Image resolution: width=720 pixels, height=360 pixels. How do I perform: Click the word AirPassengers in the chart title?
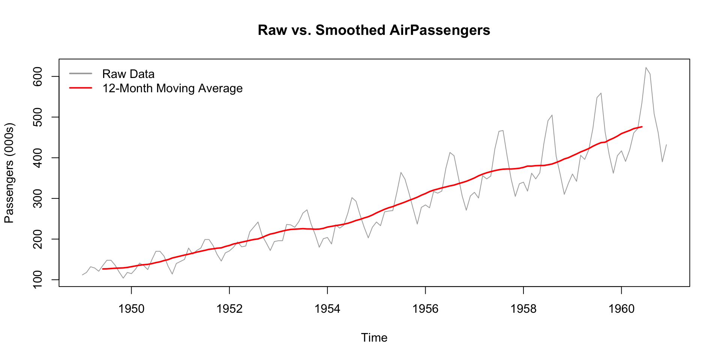point(439,30)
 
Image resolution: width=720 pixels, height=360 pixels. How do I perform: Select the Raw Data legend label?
point(128,74)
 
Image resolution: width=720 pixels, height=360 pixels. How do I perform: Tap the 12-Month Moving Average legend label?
point(172,88)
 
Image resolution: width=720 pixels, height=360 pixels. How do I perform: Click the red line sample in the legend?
point(81,88)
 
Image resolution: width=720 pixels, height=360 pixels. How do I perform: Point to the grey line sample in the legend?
point(81,73)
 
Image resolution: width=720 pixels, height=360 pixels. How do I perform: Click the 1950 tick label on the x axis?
point(131,309)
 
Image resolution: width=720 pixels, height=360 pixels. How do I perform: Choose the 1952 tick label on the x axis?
point(229,309)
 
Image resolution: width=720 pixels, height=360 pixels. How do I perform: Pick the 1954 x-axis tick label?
point(327,309)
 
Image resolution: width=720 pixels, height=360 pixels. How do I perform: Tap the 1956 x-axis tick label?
point(425,309)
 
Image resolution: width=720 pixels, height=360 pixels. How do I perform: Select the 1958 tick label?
point(523,309)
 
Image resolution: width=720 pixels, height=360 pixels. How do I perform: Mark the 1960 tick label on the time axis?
point(621,309)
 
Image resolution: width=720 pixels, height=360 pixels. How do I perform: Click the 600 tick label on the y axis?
point(38,76)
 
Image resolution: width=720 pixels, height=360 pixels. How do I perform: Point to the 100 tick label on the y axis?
point(38,280)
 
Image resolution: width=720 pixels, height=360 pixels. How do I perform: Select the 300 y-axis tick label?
point(38,198)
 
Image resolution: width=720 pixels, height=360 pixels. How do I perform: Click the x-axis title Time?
point(374,337)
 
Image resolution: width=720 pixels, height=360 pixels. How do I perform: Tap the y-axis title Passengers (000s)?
point(9,173)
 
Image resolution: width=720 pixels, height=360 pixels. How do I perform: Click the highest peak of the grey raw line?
point(646,67)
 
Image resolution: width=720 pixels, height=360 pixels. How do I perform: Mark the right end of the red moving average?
point(642,127)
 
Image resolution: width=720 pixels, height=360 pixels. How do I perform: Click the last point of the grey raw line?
point(666,145)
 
